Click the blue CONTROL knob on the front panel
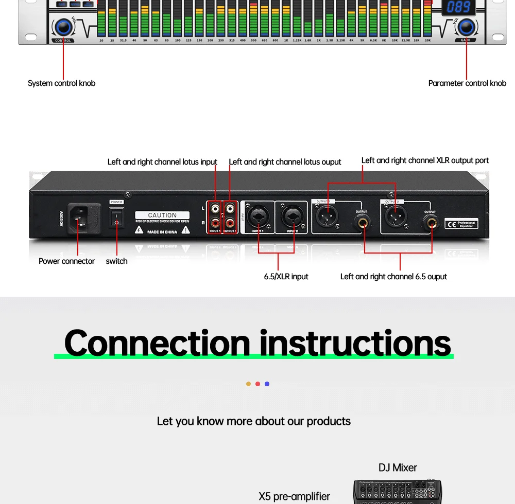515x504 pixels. point(63,27)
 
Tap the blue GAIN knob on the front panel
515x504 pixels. point(467,27)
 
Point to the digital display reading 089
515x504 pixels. point(459,7)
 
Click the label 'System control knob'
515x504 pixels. point(61,83)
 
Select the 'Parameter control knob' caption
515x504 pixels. point(467,83)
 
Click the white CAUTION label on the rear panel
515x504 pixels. point(162,215)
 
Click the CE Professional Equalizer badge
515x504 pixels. point(461,223)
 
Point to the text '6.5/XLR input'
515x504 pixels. point(286,277)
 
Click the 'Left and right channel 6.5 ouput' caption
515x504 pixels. point(393,277)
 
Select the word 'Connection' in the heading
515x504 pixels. point(157,343)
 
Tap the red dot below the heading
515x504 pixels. point(257,384)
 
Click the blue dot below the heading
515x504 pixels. point(267,384)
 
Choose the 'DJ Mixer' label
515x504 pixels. point(398,467)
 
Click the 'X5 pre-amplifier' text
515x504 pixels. point(294,496)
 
